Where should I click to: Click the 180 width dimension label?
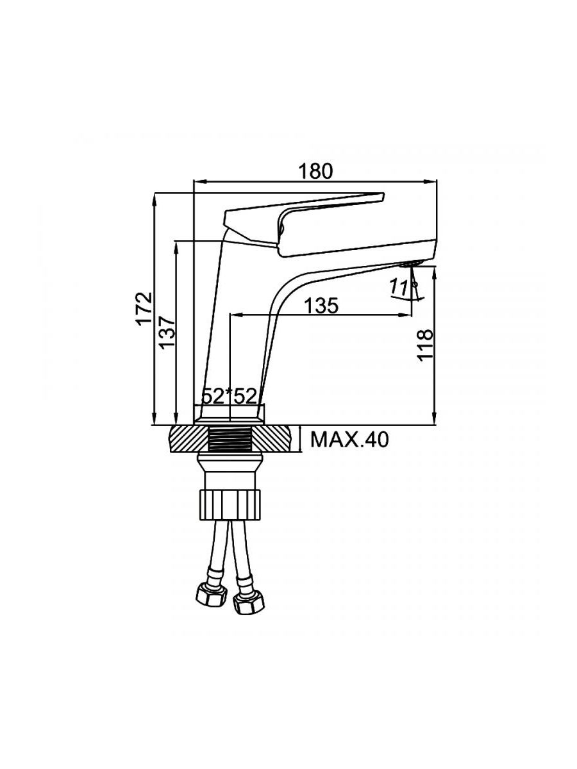pos(316,171)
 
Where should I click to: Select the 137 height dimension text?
pos(166,331)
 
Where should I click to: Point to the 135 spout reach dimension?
pos(321,306)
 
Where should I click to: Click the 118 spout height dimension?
pos(426,345)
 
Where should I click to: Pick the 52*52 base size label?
pos(229,396)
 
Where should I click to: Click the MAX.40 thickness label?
pos(349,440)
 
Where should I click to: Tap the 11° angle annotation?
pos(401,288)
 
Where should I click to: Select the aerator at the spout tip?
pos(408,263)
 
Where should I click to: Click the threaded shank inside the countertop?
pos(230,440)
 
